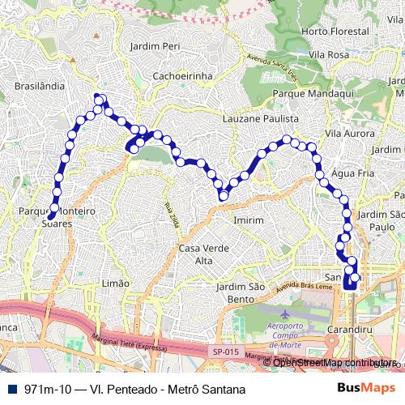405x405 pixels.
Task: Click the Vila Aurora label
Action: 348,132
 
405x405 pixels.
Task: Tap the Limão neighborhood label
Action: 116,283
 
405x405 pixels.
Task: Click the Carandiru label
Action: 351,330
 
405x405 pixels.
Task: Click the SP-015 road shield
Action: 227,351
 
